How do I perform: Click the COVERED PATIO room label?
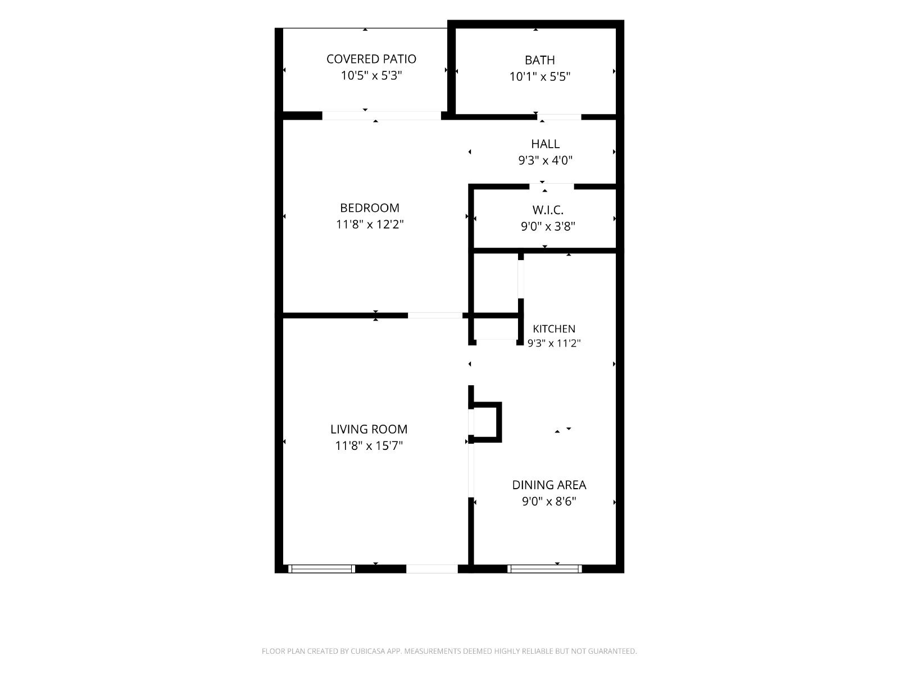point(371,59)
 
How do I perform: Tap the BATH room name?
point(540,60)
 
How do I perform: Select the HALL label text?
point(545,144)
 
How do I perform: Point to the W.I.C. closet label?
point(548,210)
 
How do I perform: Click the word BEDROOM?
point(369,208)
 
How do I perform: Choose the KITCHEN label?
point(554,329)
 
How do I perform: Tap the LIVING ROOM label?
point(369,429)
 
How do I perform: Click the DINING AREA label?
point(549,485)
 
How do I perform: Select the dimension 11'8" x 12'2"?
point(369,224)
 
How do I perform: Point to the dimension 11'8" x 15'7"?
point(369,445)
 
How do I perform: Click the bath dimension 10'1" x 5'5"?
point(540,76)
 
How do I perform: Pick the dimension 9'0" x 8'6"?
point(549,502)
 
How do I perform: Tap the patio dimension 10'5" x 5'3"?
point(371,75)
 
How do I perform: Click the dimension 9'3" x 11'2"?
point(554,343)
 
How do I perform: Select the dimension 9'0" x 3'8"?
point(548,226)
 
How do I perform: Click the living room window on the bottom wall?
point(321,569)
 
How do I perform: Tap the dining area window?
point(544,569)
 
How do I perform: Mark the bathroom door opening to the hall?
point(559,117)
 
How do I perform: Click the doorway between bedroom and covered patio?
point(382,116)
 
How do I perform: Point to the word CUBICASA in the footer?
point(368,651)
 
